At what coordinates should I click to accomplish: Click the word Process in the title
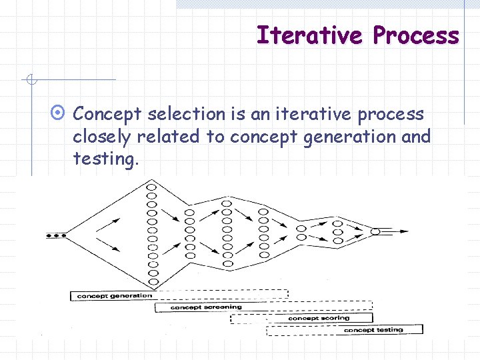pos(416,35)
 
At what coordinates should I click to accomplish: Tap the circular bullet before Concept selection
pos(60,114)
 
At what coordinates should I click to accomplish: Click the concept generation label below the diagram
pos(114,296)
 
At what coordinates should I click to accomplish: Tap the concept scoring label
pos(318,318)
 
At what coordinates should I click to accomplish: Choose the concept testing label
pos(373,329)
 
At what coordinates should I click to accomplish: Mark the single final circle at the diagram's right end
pos(375,231)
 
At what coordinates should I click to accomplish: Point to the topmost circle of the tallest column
pos(152,187)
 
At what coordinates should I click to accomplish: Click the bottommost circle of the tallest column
pos(152,282)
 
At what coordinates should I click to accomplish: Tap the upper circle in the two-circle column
pos(302,227)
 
